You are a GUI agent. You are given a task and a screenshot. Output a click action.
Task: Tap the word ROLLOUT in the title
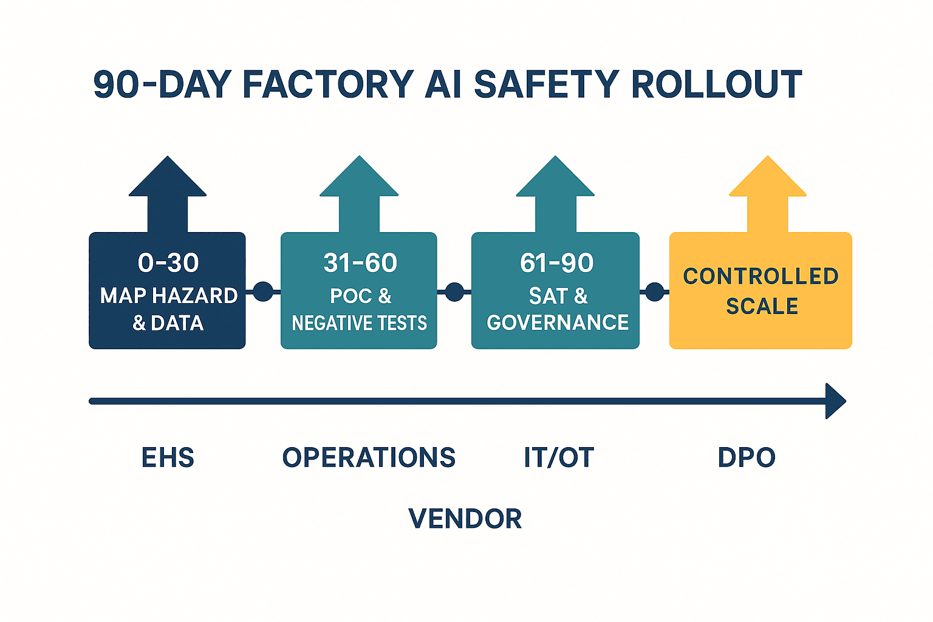pyautogui.click(x=716, y=84)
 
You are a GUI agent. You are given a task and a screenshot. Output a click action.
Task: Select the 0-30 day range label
pyautogui.click(x=168, y=263)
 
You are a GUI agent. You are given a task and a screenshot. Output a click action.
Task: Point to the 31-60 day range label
pyautogui.click(x=360, y=263)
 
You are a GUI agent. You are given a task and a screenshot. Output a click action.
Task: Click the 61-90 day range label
pyautogui.click(x=556, y=263)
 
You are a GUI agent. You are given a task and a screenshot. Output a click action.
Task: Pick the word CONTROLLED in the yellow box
pyautogui.click(x=760, y=276)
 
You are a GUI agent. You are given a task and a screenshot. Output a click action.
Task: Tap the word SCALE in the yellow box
pyautogui.click(x=762, y=306)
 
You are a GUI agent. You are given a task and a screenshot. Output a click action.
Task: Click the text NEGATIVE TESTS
pyautogui.click(x=360, y=323)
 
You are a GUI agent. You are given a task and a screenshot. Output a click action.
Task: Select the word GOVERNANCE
pyautogui.click(x=558, y=323)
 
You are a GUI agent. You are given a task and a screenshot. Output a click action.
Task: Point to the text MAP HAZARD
pyautogui.click(x=169, y=296)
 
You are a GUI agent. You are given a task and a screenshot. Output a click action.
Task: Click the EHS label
pyautogui.click(x=168, y=457)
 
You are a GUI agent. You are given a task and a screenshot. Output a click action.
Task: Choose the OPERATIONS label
pyautogui.click(x=369, y=457)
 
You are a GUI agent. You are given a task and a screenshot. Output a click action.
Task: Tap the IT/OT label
pyautogui.click(x=559, y=457)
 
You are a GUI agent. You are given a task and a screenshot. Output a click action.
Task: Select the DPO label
pyautogui.click(x=747, y=457)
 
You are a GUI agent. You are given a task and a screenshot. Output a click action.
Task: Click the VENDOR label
pyautogui.click(x=465, y=519)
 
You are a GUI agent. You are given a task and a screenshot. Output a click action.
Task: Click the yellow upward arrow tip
pyautogui.click(x=768, y=157)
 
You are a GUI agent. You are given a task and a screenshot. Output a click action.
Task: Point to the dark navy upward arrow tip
pyautogui.click(x=168, y=157)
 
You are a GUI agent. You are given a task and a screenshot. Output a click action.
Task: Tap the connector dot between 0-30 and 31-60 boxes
pyautogui.click(x=263, y=292)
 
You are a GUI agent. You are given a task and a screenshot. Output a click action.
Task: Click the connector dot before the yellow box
pyautogui.click(x=654, y=292)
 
